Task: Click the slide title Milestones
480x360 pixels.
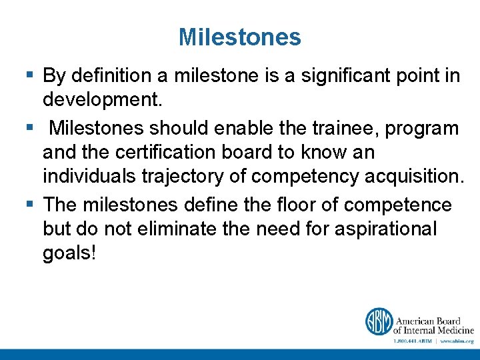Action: click(x=239, y=37)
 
